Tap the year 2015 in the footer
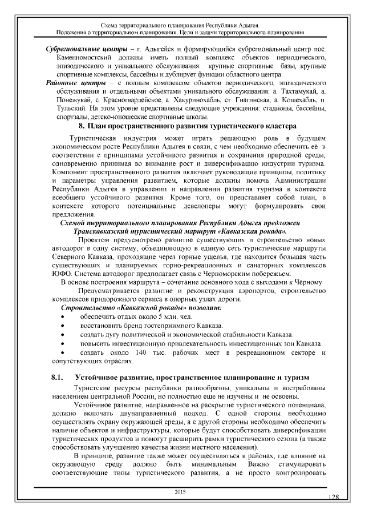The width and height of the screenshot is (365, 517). (x=181, y=491)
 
